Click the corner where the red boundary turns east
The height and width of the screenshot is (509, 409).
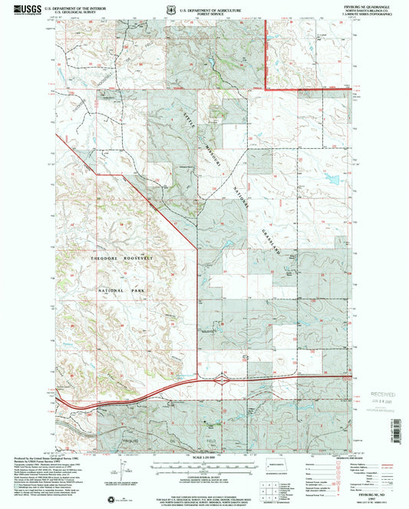tap(266, 90)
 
